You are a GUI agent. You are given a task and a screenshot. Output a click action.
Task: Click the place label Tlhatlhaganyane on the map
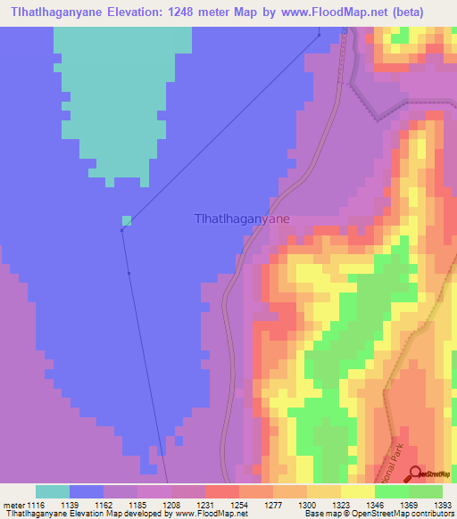point(242,217)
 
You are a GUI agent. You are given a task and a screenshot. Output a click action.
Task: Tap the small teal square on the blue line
point(127,220)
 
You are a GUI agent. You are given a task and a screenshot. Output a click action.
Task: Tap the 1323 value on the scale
point(342,505)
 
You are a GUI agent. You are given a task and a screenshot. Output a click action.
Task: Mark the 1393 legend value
point(443,505)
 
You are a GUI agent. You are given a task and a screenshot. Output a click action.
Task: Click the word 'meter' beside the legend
point(13,505)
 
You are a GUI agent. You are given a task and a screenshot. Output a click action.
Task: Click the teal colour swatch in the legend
point(52,491)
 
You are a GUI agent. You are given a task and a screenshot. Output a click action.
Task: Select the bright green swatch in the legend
point(390,491)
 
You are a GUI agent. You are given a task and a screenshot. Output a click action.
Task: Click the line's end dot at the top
point(320,36)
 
